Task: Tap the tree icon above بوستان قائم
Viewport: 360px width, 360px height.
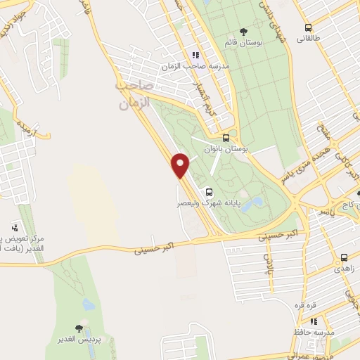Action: point(243,32)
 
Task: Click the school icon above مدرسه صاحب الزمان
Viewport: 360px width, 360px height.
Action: point(195,55)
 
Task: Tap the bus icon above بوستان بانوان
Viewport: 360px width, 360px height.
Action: point(226,139)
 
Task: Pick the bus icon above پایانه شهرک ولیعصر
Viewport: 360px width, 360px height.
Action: point(209,191)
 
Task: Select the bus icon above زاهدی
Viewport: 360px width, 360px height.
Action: point(344,258)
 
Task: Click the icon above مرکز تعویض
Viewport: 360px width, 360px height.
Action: point(14,228)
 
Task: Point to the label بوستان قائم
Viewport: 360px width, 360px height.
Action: point(243,43)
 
